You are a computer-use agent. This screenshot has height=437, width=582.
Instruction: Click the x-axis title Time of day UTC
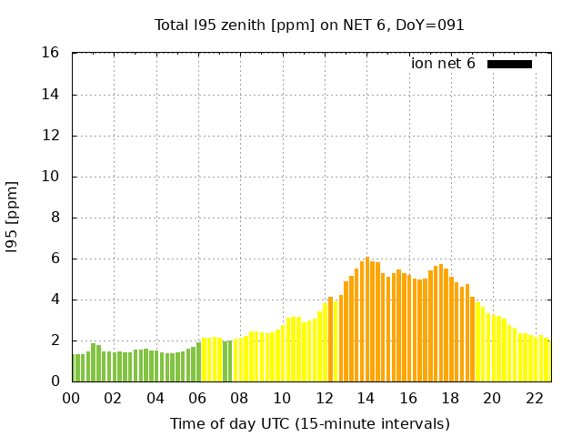coord(310,423)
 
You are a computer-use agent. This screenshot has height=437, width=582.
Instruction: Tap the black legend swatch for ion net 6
coord(509,64)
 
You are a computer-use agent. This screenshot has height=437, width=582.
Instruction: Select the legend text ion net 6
coord(443,64)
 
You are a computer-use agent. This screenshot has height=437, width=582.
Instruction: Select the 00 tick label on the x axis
coord(72,398)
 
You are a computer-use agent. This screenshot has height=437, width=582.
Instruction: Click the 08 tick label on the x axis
coord(240,398)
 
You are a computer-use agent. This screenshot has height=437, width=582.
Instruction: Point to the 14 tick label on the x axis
coord(366,398)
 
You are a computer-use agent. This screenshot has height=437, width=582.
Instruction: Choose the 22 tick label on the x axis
coord(535,398)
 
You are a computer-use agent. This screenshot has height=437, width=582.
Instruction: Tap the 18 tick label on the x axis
coord(450,398)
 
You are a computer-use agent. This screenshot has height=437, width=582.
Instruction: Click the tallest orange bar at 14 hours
coord(367,319)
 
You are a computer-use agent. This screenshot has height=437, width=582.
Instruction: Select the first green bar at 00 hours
coord(75,368)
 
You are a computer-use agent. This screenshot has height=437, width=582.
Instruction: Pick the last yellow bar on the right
coord(547,361)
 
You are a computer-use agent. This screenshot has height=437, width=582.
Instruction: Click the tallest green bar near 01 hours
coord(93,362)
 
